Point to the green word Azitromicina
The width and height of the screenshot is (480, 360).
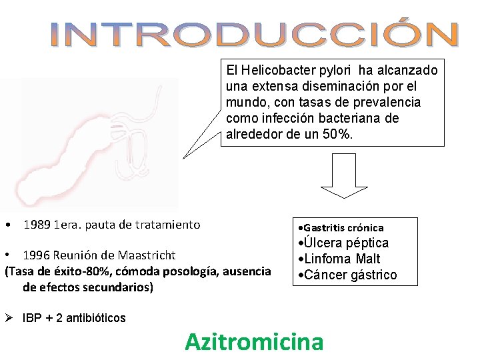click(x=254, y=342)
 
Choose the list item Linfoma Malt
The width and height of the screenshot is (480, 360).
click(x=341, y=259)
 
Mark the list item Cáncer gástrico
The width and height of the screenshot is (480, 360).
click(x=349, y=275)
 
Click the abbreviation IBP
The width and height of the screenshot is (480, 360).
click(x=31, y=318)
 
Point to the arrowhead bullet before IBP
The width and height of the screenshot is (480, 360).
click(x=9, y=318)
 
